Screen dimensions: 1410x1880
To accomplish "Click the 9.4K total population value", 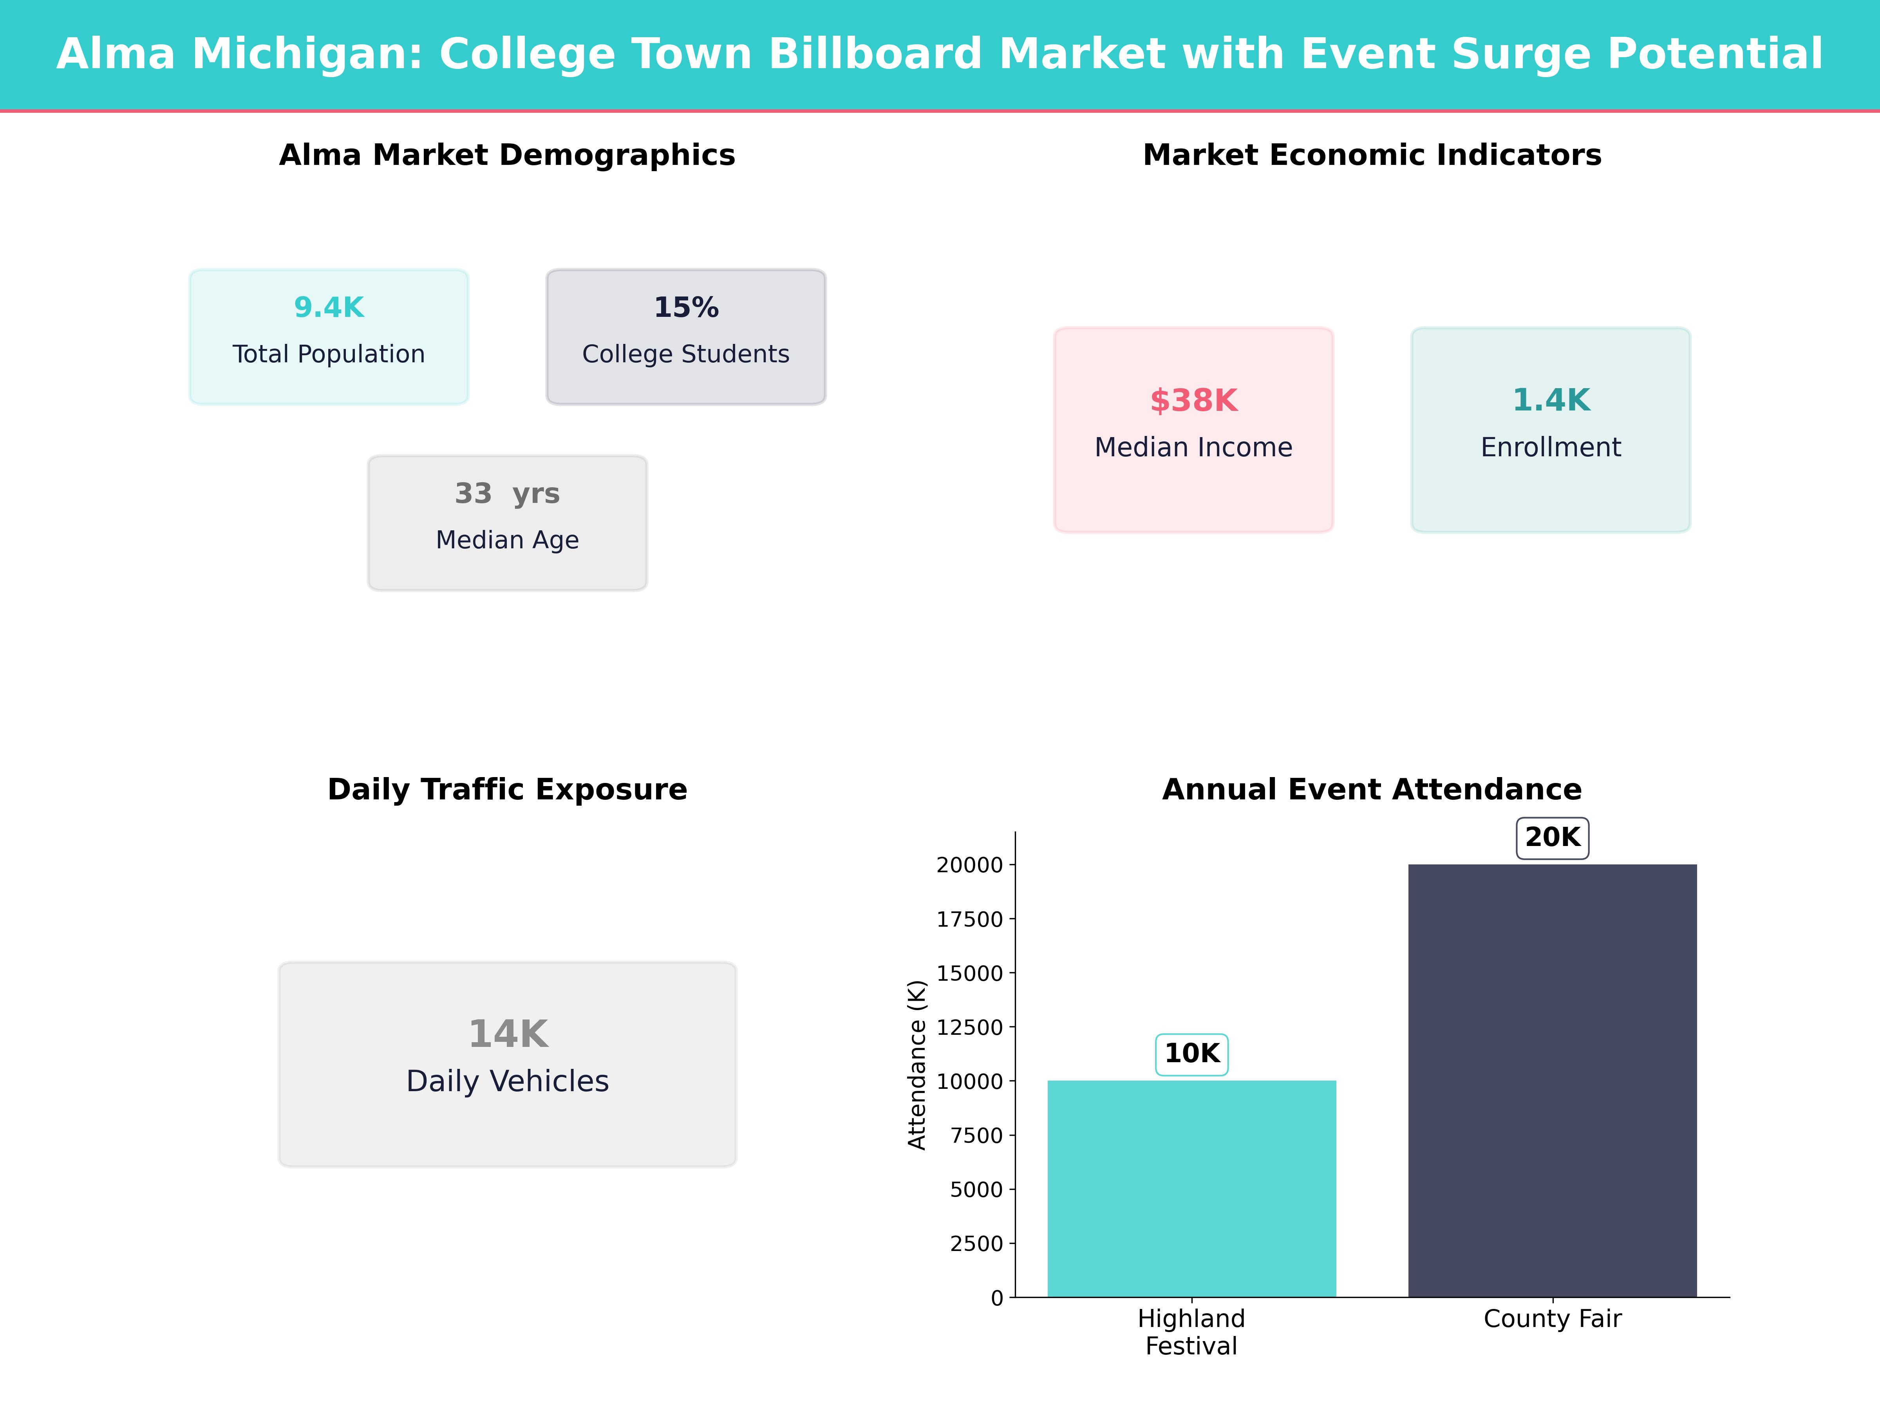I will click(329, 308).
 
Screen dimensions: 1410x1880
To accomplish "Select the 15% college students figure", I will click(686, 308).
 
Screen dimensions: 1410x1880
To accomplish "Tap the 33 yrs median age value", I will click(507, 494).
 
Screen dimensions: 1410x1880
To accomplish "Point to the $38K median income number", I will click(1193, 400).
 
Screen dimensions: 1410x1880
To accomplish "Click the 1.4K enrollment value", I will click(1550, 400).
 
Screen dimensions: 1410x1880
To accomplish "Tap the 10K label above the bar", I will click(1191, 1054).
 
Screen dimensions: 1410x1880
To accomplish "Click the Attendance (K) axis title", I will click(916, 1065).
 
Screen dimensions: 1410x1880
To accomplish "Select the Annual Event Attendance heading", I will click(1372, 790).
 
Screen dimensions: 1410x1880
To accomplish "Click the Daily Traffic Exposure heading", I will click(507, 790).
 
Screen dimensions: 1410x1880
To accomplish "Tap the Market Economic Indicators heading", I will click(1372, 155).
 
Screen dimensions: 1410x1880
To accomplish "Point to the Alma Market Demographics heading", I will click(507, 155).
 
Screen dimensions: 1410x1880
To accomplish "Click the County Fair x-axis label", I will click(1552, 1319).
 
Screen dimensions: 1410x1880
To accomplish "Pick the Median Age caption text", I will click(507, 540).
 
